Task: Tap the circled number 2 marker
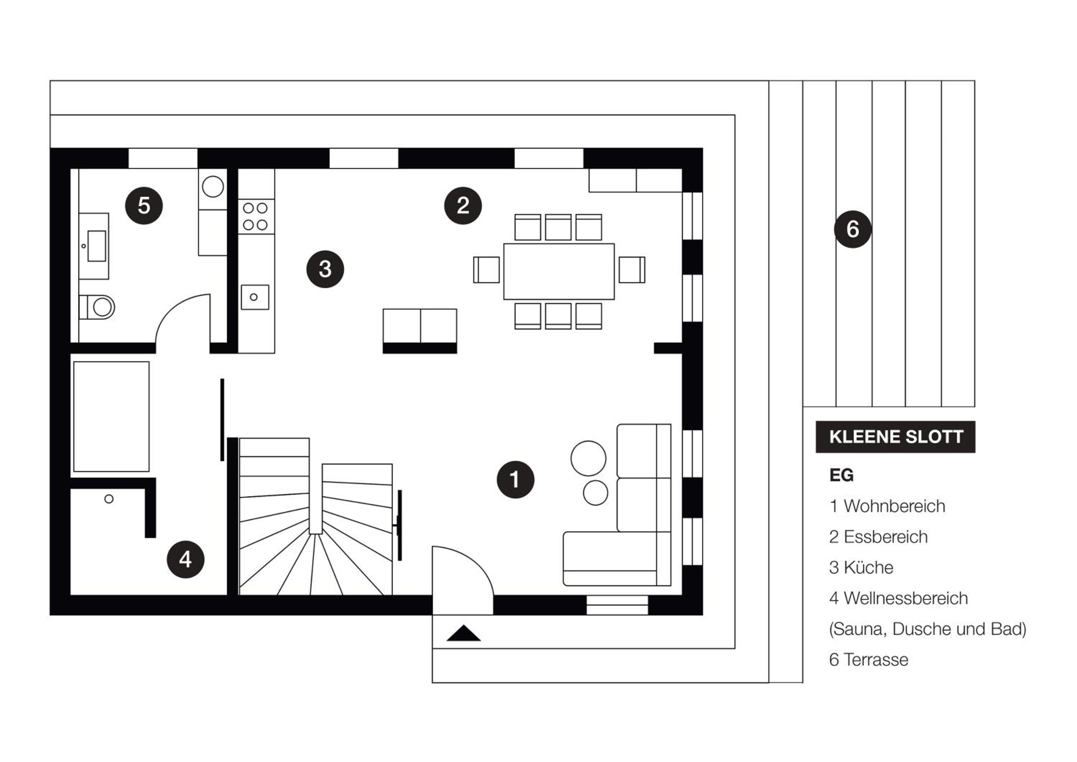463,205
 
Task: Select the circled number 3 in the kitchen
325,269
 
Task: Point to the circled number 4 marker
186,559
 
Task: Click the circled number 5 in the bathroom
144,205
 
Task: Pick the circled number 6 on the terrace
853,229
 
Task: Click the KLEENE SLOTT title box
895,437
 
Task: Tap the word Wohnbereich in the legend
895,506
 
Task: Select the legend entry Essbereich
878,537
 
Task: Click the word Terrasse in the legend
876,660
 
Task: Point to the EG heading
841,475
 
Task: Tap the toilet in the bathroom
97,307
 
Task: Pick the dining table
559,271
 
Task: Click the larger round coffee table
588,459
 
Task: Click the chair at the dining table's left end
486,270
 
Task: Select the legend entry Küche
861,568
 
